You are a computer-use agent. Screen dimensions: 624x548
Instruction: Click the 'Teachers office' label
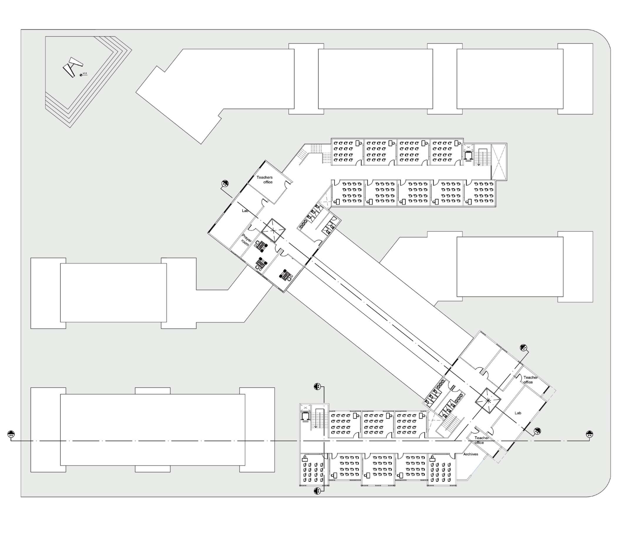pyautogui.click(x=265, y=180)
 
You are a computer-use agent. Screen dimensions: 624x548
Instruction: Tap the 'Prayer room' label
pyautogui.click(x=246, y=240)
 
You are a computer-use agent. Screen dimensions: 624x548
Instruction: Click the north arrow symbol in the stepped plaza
pyautogui.click(x=73, y=67)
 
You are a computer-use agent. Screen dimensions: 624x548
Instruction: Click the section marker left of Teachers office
pyautogui.click(x=225, y=184)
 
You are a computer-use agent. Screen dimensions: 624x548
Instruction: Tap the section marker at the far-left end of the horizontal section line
pyautogui.click(x=11, y=434)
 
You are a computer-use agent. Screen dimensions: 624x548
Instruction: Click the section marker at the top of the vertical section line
pyautogui.click(x=317, y=387)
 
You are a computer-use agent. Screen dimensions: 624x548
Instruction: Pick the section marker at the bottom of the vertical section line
pyautogui.click(x=317, y=491)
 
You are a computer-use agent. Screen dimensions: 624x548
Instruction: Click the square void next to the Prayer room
pyautogui.click(x=273, y=230)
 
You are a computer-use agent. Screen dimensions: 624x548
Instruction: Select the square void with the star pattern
pyautogui.click(x=488, y=401)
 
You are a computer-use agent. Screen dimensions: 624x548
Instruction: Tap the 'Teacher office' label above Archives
pyautogui.click(x=481, y=440)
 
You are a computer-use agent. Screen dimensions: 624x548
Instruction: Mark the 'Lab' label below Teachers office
pyautogui.click(x=245, y=211)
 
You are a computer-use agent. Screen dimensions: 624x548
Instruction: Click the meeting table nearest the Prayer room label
pyautogui.click(x=261, y=246)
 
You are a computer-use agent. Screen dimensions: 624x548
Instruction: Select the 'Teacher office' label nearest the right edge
pyautogui.click(x=531, y=380)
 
